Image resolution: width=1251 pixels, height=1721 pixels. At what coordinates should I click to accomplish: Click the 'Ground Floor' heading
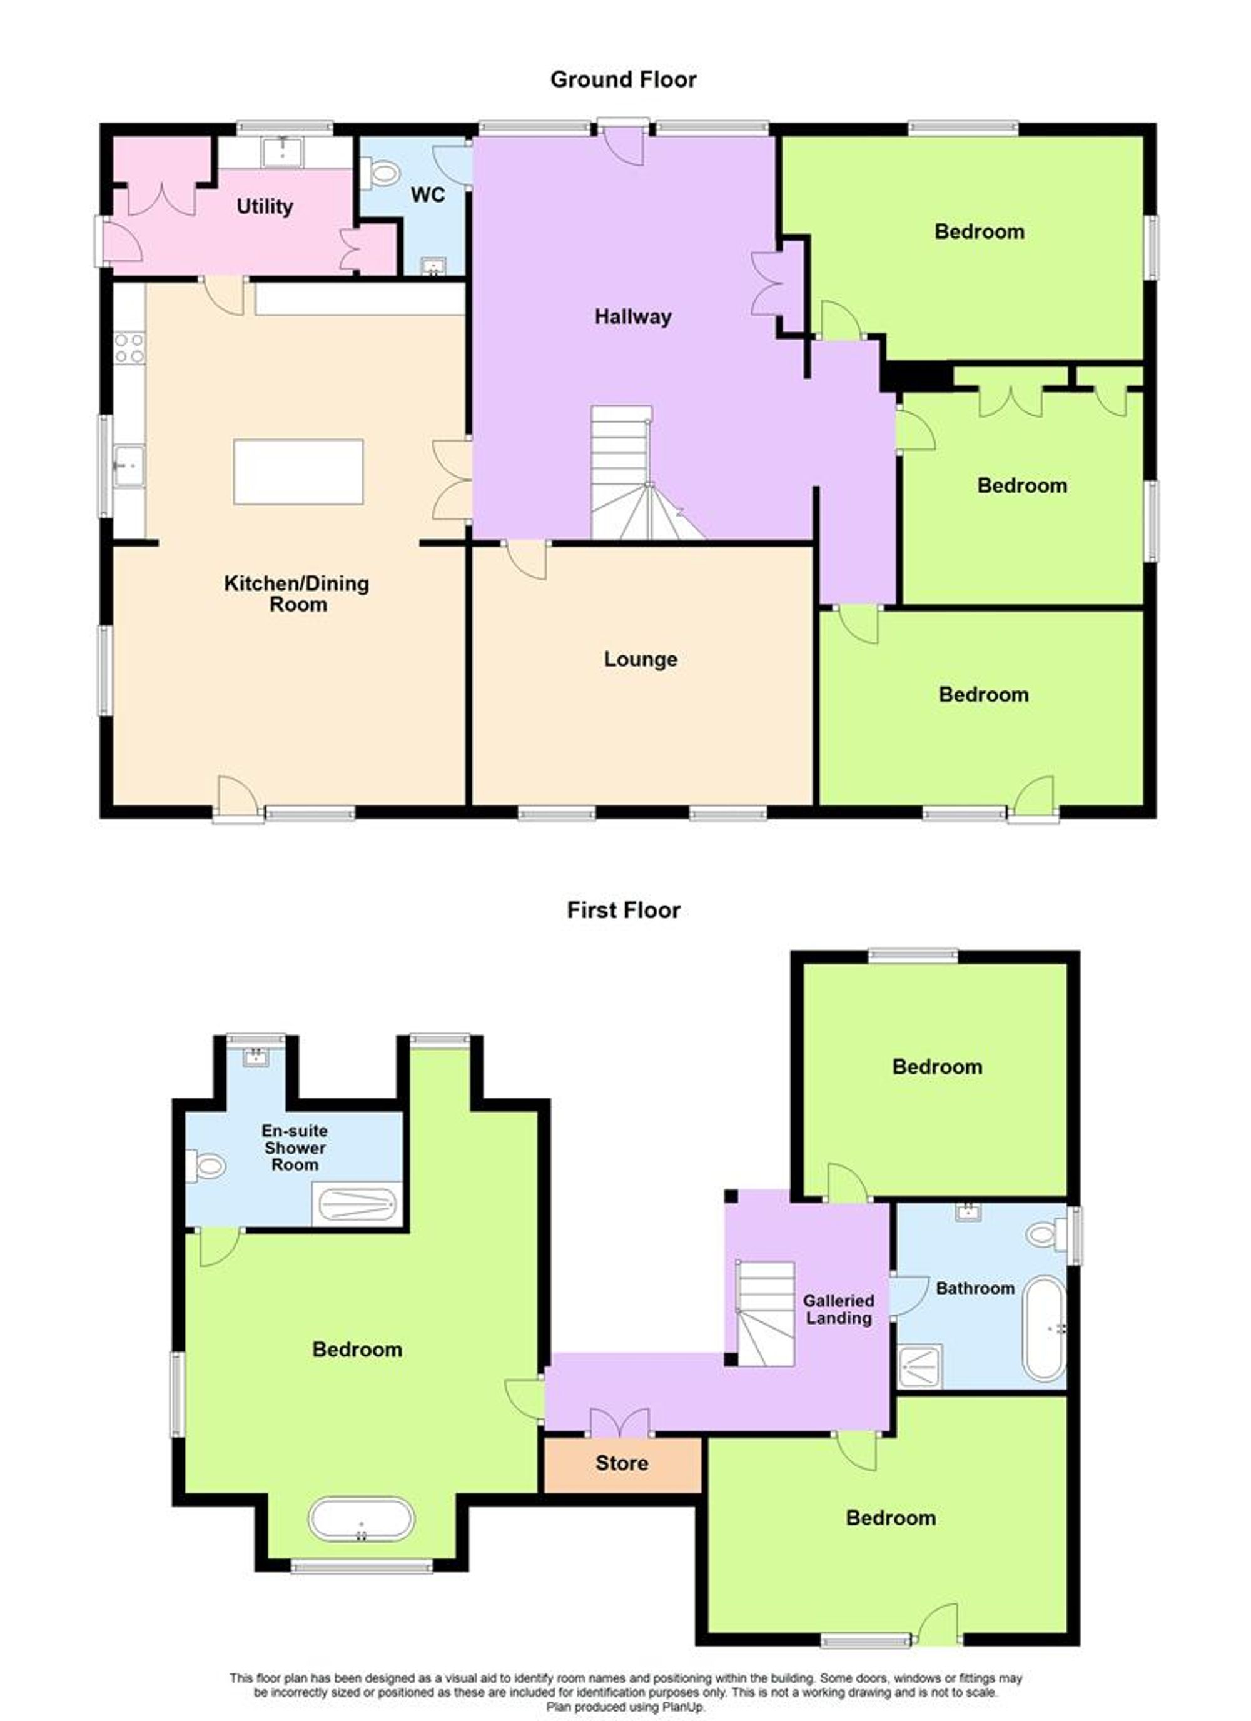(x=622, y=79)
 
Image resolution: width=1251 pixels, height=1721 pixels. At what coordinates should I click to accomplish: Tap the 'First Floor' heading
(x=623, y=910)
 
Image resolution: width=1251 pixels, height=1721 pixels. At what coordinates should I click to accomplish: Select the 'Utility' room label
(x=264, y=206)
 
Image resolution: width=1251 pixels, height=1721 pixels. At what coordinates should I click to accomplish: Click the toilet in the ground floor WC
(x=382, y=174)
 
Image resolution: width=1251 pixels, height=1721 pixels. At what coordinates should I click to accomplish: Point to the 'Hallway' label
(x=632, y=316)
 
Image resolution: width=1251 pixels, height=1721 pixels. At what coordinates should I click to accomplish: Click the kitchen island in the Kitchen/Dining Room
(x=298, y=472)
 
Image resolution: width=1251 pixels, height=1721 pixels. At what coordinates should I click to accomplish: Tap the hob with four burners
(x=129, y=348)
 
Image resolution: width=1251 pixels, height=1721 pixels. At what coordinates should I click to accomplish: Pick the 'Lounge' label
(x=640, y=659)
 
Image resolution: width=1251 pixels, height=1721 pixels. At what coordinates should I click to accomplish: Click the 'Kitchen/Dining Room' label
(x=297, y=593)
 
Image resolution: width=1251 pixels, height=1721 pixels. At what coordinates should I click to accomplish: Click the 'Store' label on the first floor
(x=622, y=1463)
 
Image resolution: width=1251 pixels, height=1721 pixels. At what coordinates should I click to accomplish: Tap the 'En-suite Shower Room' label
(x=295, y=1148)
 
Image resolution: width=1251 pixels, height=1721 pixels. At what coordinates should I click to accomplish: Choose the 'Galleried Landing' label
(x=838, y=1309)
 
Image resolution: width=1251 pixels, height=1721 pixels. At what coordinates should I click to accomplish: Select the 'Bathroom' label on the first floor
(x=975, y=1288)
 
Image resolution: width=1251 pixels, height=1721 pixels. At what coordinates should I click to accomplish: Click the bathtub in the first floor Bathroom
(x=1044, y=1329)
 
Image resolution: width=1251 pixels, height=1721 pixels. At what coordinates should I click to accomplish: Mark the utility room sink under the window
(x=282, y=153)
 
